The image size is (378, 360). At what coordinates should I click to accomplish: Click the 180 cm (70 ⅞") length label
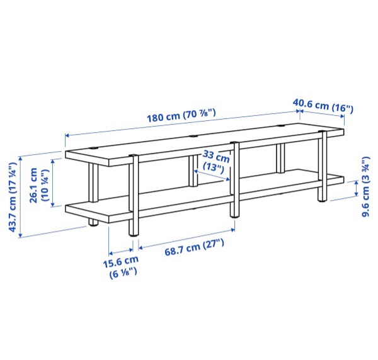[181, 115]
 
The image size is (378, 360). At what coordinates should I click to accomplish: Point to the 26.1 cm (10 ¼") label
[38, 185]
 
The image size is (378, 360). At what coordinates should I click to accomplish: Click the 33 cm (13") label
[215, 160]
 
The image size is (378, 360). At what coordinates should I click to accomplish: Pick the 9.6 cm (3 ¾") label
[365, 186]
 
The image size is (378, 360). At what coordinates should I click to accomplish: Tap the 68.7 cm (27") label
[194, 247]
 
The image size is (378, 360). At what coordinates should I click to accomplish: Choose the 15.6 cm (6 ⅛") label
[121, 267]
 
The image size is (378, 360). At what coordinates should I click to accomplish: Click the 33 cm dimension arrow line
[212, 175]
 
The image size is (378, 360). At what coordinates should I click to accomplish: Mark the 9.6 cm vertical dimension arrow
[356, 189]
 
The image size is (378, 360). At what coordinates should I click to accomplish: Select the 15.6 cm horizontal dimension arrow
[121, 251]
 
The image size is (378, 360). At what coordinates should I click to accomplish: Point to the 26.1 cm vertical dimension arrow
[52, 183]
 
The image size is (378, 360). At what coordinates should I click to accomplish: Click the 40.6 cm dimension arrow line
[322, 113]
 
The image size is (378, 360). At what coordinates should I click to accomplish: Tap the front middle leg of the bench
[234, 179]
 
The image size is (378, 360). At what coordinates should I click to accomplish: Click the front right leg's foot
[322, 200]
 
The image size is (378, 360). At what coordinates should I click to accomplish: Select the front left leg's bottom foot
[134, 234]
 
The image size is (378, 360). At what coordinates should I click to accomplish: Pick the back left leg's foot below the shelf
[93, 223]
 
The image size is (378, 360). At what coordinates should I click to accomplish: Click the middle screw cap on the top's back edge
[193, 136]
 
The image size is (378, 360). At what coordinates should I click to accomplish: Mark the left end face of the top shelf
[88, 159]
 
